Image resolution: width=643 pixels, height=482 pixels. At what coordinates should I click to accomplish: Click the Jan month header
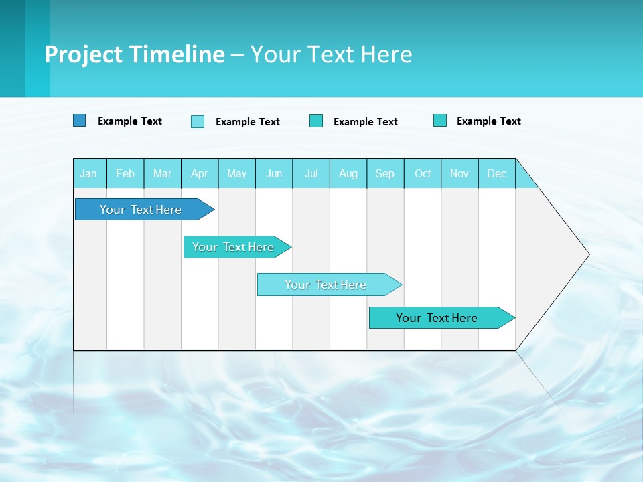pyautogui.click(x=88, y=173)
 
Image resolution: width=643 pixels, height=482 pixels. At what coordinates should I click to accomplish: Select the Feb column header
pyautogui.click(x=125, y=173)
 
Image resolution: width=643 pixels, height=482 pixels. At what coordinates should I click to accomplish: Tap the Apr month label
pyautogui.click(x=199, y=173)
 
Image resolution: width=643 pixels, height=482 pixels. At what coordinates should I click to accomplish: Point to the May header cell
pyautogui.click(x=236, y=173)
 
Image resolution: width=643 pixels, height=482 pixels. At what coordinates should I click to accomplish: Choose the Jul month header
pyautogui.click(x=311, y=173)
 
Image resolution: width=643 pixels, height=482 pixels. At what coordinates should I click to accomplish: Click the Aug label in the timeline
pyautogui.click(x=348, y=173)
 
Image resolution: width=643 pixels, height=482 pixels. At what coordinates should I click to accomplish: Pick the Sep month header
pyautogui.click(x=385, y=173)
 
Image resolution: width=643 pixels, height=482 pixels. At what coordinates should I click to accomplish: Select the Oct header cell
pyautogui.click(x=423, y=173)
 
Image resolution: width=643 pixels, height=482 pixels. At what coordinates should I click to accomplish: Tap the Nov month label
pyautogui.click(x=459, y=173)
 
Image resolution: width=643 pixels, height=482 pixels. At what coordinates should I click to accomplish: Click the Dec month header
pyautogui.click(x=497, y=173)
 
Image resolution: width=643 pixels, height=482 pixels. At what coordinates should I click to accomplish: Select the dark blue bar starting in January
pyautogui.click(x=141, y=210)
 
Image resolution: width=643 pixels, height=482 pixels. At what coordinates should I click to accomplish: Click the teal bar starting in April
pyautogui.click(x=233, y=247)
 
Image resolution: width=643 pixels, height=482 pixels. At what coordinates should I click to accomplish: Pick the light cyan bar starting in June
pyautogui.click(x=326, y=285)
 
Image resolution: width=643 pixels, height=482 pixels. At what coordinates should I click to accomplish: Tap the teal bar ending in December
pyautogui.click(x=437, y=318)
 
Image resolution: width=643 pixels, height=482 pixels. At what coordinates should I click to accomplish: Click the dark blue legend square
pyautogui.click(x=80, y=120)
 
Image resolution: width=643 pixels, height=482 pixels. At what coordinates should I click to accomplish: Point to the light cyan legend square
pyautogui.click(x=198, y=121)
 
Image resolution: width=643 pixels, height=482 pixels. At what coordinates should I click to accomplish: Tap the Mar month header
pyautogui.click(x=162, y=173)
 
